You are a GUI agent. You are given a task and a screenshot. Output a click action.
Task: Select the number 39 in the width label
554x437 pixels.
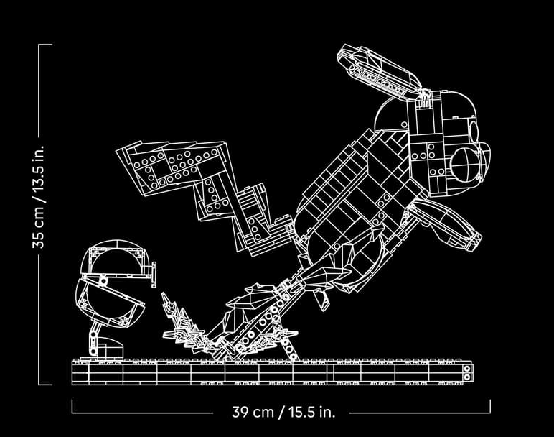coord(239,412)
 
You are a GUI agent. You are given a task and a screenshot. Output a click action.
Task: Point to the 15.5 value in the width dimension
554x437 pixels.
coord(301,412)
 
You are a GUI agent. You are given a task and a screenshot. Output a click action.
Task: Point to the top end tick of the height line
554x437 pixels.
coord(45,45)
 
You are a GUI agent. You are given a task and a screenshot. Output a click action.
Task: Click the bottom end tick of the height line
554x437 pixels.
coord(45,384)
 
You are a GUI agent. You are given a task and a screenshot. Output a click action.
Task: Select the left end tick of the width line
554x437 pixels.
coord(72,406)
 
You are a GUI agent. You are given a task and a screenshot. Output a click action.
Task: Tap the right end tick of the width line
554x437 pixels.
coord(490,406)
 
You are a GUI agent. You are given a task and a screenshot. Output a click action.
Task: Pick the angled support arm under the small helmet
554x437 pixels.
coord(94,338)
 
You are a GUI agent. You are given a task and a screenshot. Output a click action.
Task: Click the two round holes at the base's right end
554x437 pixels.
coord(467,372)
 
